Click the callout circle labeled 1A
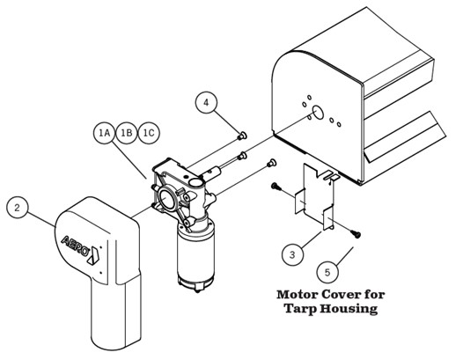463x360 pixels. tap(105, 133)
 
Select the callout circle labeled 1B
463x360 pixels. tap(127, 133)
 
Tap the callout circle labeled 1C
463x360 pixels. tap(149, 133)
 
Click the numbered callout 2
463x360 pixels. tap(18, 208)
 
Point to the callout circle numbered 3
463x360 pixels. tap(292, 254)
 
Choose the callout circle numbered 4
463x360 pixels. tap(206, 102)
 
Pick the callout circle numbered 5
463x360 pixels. tap(327, 272)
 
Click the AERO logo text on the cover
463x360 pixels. tap(75, 245)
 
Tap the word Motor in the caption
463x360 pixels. tap(298, 295)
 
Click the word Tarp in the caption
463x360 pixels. tap(300, 309)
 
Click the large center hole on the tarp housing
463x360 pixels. tap(318, 112)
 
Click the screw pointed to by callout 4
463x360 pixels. tap(242, 136)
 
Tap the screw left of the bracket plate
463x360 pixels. tap(276, 187)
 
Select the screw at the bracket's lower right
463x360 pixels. tap(356, 234)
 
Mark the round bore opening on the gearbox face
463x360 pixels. tap(167, 198)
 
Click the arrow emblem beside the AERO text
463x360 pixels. tap(94, 255)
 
